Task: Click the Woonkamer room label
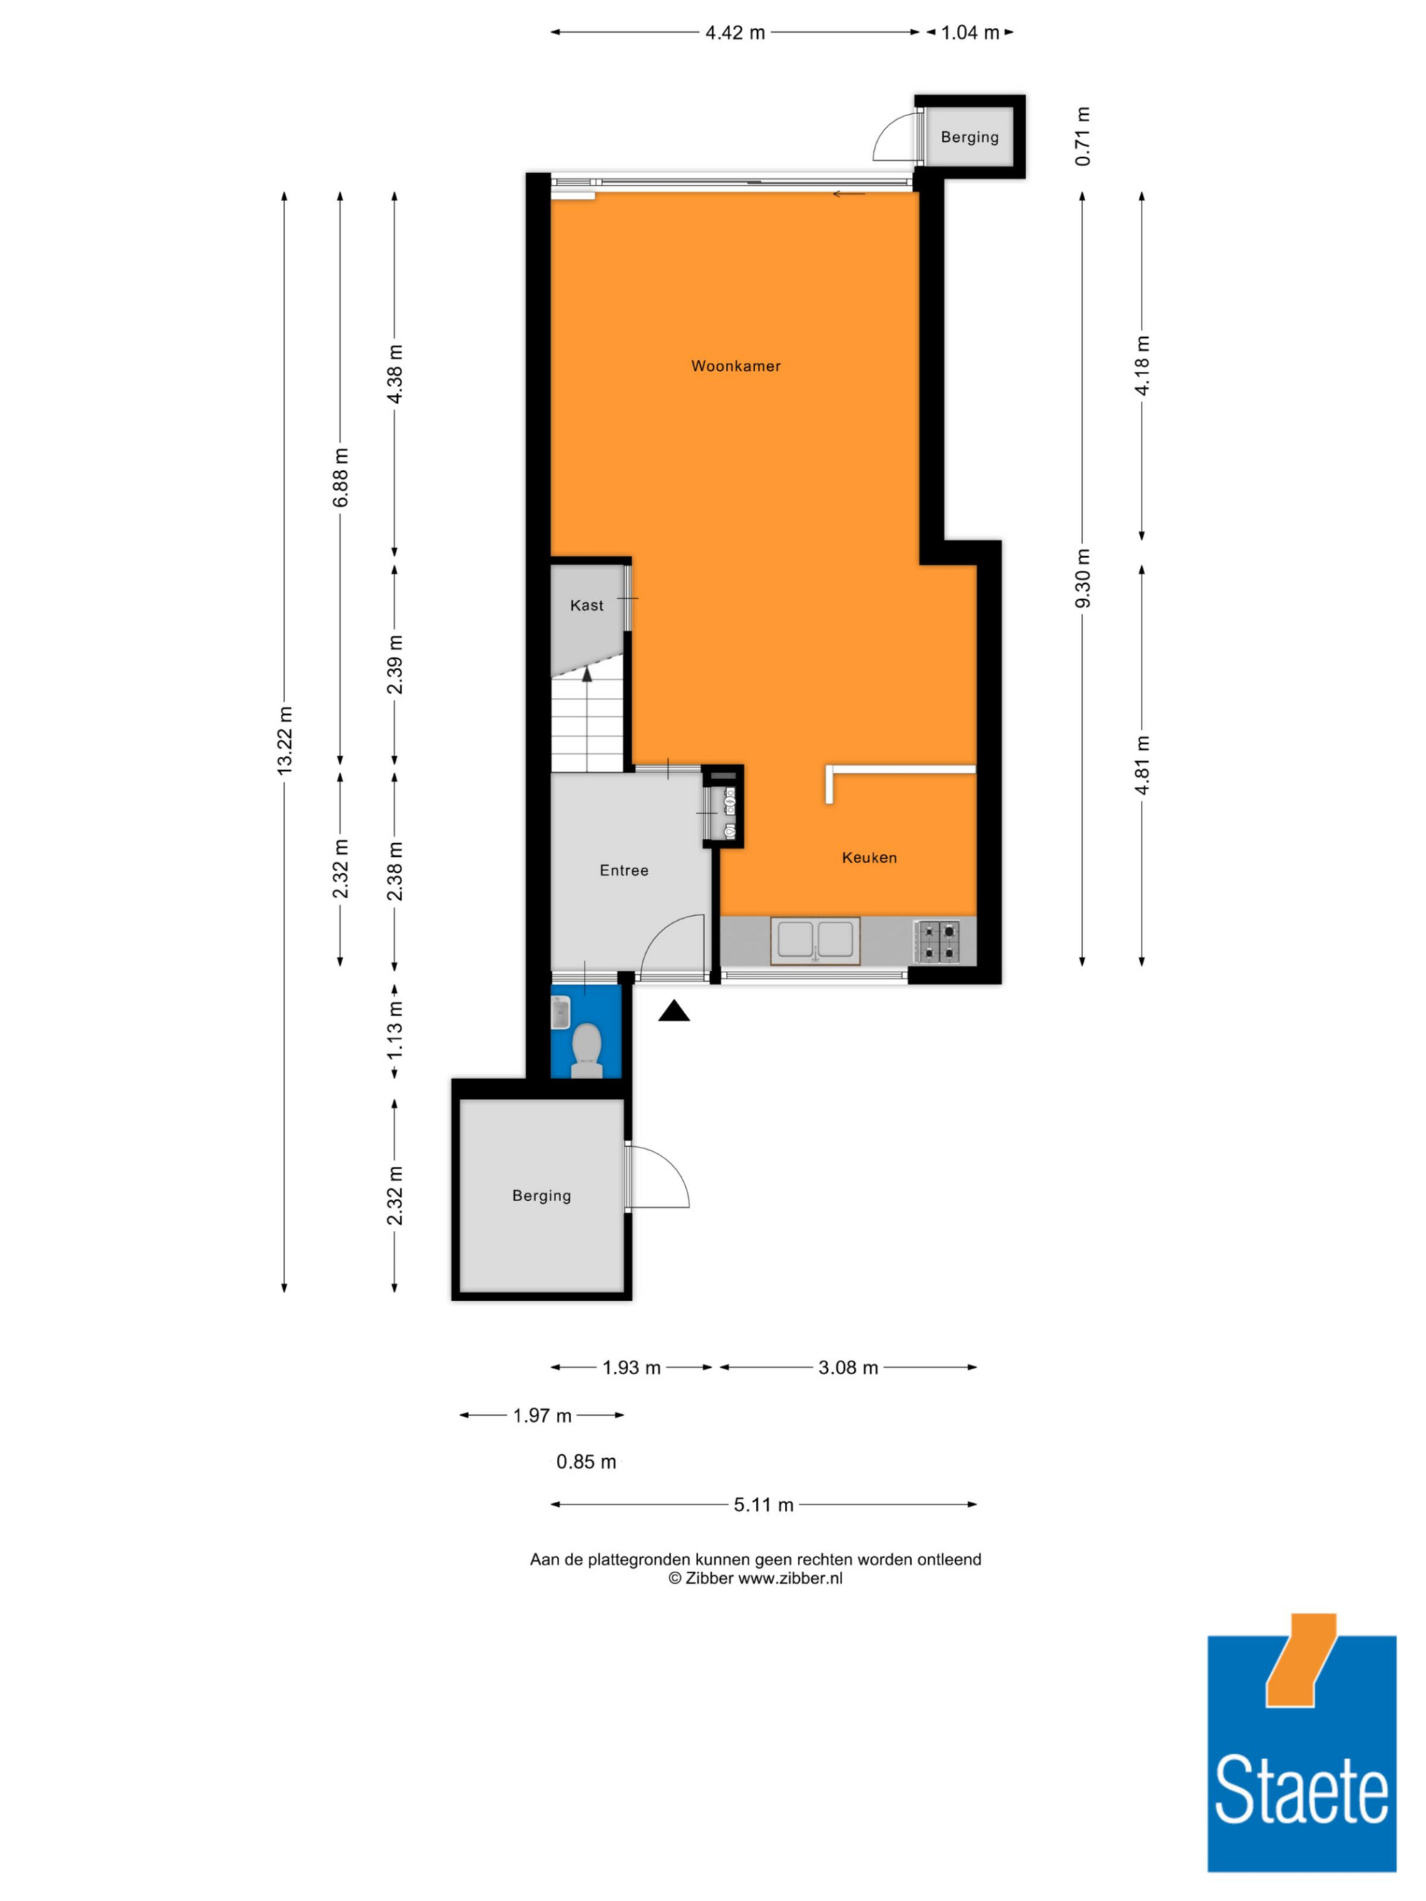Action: (736, 366)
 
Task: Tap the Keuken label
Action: (869, 857)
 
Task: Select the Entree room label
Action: (624, 870)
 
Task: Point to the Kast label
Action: (587, 606)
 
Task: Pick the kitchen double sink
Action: (815, 939)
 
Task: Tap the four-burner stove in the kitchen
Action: (936, 940)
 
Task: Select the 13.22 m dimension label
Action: (284, 741)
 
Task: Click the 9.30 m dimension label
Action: (1082, 578)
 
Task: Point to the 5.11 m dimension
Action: (764, 1505)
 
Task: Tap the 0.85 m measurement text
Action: (586, 1462)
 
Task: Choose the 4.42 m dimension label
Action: (735, 33)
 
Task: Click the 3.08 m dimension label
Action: (848, 1367)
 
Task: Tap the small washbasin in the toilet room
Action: (560, 1012)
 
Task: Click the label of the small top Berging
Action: (970, 137)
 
